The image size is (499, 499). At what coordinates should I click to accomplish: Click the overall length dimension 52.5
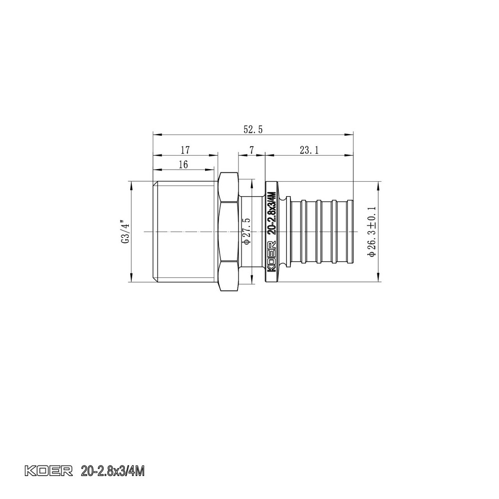tap(253, 129)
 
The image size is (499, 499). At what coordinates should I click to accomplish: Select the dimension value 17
tap(185, 150)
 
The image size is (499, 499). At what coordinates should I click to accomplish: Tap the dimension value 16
tap(183, 164)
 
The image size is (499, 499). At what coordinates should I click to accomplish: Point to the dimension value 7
tap(251, 150)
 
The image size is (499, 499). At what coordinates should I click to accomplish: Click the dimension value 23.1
tap(309, 150)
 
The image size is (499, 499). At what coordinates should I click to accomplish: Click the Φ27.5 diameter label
tap(245, 231)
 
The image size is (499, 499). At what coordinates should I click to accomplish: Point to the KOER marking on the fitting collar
tap(272, 257)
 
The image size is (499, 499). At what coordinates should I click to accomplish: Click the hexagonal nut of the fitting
tap(229, 231)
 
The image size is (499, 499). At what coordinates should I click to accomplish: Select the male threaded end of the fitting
tap(184, 231)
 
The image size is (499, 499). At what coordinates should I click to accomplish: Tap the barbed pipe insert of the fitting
tap(322, 231)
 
